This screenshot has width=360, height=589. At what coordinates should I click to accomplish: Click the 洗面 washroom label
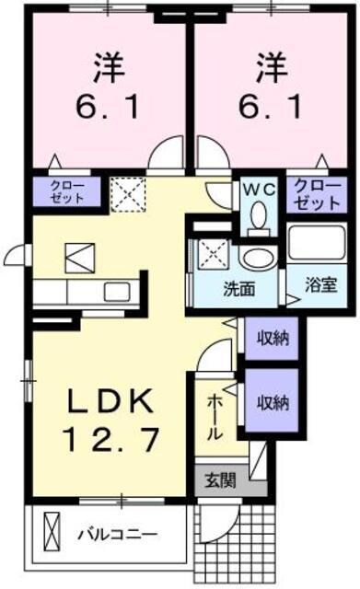pyautogui.click(x=238, y=288)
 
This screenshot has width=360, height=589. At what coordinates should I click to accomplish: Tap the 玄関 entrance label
pyautogui.click(x=220, y=479)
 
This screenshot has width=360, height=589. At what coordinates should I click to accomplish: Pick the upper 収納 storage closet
pyautogui.click(x=273, y=338)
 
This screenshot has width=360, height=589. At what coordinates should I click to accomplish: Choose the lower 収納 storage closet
pyautogui.click(x=273, y=401)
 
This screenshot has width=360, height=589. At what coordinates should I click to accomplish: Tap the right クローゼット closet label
pyautogui.click(x=316, y=191)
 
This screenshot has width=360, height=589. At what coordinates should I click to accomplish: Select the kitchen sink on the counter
pyautogui.click(x=118, y=294)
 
